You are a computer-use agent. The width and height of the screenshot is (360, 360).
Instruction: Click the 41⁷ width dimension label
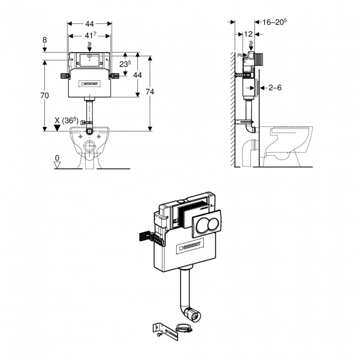(89, 35)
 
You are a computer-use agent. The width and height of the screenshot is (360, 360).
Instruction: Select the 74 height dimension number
(148, 92)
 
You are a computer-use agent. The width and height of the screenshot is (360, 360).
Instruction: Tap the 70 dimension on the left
(45, 95)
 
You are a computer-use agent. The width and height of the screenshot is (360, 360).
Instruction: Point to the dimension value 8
(45, 40)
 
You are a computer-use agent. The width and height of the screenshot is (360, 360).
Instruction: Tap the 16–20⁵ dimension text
(274, 22)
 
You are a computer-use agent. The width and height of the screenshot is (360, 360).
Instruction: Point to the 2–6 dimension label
(275, 87)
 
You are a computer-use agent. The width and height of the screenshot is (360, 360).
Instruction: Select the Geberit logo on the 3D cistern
(187, 246)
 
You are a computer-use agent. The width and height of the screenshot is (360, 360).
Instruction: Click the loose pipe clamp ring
(183, 330)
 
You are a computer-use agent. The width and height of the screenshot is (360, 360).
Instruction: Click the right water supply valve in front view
(114, 76)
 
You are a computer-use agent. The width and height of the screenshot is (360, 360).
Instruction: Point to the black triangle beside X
(56, 127)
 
